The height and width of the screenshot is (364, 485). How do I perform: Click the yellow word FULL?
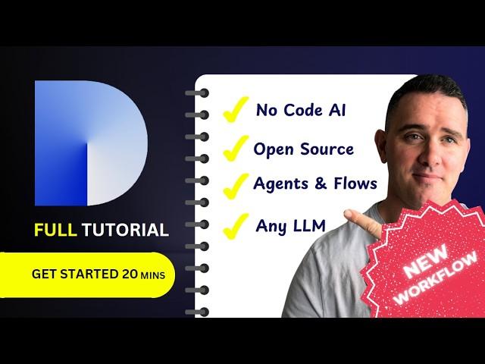pyautogui.click(x=55, y=230)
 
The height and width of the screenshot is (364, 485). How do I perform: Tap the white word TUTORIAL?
pyautogui.click(x=125, y=230)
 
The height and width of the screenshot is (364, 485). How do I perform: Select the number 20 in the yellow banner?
pyautogui.click(x=130, y=274)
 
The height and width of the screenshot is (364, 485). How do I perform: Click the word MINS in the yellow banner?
pyautogui.click(x=152, y=275)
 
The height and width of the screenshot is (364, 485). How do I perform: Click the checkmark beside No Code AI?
pyautogui.click(x=236, y=109)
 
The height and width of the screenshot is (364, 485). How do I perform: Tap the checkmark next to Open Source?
pyautogui.click(x=236, y=148)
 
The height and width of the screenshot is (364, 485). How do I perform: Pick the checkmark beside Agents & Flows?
pyautogui.click(x=236, y=186)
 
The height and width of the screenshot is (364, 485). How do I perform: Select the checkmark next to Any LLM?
pyautogui.click(x=236, y=226)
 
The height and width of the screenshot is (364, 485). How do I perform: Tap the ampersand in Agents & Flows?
pyautogui.click(x=320, y=184)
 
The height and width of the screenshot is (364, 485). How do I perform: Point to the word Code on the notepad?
pyautogui.click(x=298, y=110)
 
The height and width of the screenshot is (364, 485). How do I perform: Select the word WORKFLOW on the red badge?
pyautogui.click(x=436, y=278)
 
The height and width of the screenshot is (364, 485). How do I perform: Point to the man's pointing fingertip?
pyautogui.click(x=347, y=213)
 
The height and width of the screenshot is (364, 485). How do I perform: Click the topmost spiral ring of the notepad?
pyautogui.click(x=198, y=93)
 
